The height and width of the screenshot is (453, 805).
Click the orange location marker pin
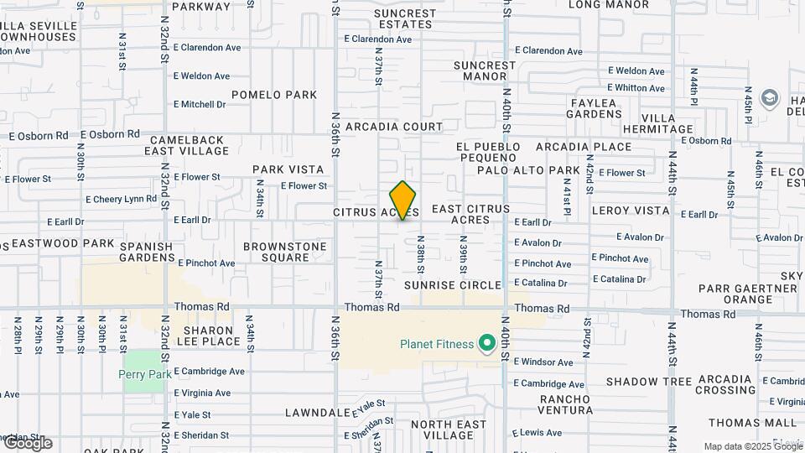(x=403, y=200)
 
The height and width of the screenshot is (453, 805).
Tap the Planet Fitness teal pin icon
(x=486, y=343)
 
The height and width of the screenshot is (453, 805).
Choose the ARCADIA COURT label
(x=398, y=127)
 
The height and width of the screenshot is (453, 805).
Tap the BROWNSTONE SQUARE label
(x=284, y=252)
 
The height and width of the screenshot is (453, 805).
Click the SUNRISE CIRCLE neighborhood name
(x=452, y=285)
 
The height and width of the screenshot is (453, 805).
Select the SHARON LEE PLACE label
(x=202, y=336)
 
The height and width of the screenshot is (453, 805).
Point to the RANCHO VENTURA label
(x=566, y=404)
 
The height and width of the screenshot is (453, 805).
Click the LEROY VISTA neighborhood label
(x=631, y=211)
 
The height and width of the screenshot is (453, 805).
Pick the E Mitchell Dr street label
(x=200, y=105)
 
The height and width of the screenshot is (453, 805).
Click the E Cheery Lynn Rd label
(x=121, y=200)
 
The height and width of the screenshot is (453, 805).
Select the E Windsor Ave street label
(x=543, y=362)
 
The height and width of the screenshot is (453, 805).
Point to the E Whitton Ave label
(x=636, y=87)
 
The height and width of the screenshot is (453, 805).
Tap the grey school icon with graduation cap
(x=769, y=98)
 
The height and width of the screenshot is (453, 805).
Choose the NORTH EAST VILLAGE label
(x=455, y=430)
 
